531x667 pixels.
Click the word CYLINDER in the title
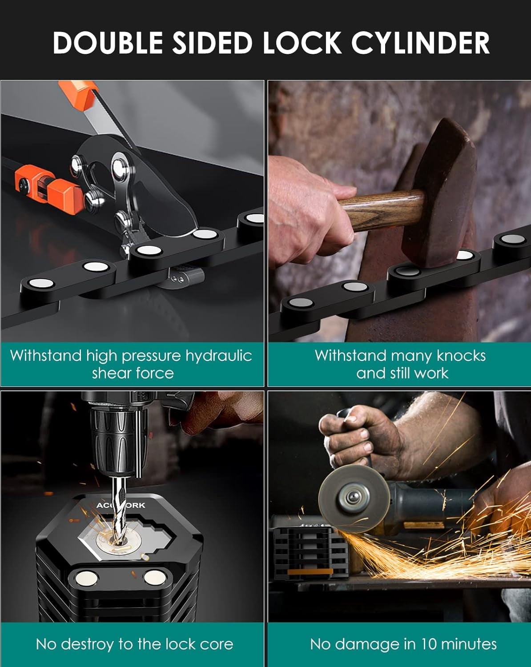[420, 43]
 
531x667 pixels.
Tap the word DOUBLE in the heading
[108, 43]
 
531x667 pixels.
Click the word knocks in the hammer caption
[461, 355]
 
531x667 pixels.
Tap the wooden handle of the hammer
[381, 211]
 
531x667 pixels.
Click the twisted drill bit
[119, 511]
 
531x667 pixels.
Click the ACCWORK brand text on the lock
[121, 506]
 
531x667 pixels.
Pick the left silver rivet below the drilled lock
[86, 579]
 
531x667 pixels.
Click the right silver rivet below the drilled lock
[155, 577]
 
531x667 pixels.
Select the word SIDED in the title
[212, 43]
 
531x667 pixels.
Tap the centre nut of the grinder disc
[353, 497]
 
